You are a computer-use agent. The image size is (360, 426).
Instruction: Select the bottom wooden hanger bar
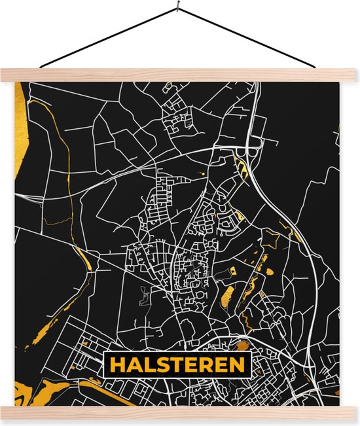180,412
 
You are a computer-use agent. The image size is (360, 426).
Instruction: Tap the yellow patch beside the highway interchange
246,171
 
